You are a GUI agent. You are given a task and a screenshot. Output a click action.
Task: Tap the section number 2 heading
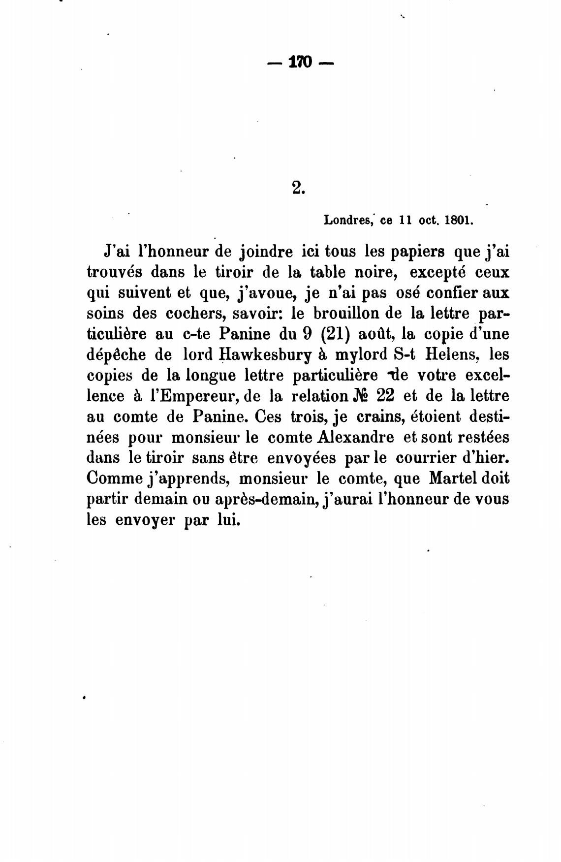pyautogui.click(x=297, y=188)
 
